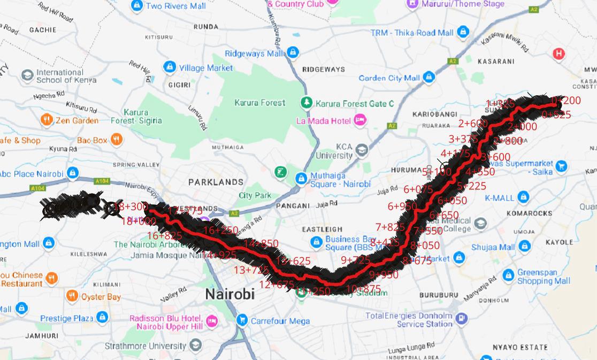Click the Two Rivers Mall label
tap(175, 6)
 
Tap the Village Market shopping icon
tap(170, 67)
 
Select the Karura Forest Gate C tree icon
tap(306, 102)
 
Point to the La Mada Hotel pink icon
tap(361, 120)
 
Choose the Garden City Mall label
tap(389, 78)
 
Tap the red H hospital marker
tap(558, 53)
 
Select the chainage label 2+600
tap(472, 124)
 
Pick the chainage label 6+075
tap(418, 189)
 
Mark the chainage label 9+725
tap(355, 260)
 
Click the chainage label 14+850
tap(261, 243)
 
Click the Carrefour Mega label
tap(280, 321)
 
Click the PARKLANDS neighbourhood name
tap(216, 182)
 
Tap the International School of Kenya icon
tap(27, 75)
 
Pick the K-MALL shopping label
tap(499, 198)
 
